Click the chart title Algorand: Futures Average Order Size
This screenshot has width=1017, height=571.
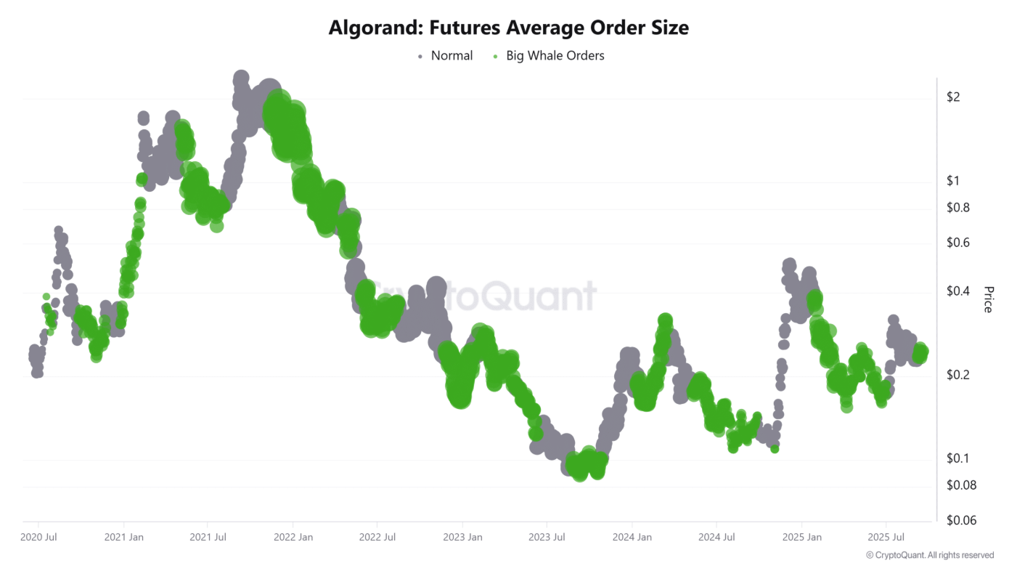click(x=508, y=28)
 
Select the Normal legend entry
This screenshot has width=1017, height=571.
click(x=451, y=55)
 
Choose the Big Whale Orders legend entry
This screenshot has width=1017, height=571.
click(x=555, y=55)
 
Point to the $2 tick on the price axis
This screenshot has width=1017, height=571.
click(x=954, y=97)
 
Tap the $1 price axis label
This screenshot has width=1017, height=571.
click(x=954, y=181)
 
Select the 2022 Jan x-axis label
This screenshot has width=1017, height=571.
click(x=293, y=537)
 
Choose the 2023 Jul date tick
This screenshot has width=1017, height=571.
click(x=547, y=537)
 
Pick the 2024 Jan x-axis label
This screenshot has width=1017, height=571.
click(x=632, y=537)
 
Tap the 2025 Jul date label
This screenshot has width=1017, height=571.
click(x=886, y=537)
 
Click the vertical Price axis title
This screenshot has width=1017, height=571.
click(x=988, y=299)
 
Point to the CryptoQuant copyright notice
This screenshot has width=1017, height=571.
click(x=930, y=555)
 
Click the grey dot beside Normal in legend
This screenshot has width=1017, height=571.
click(x=420, y=56)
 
